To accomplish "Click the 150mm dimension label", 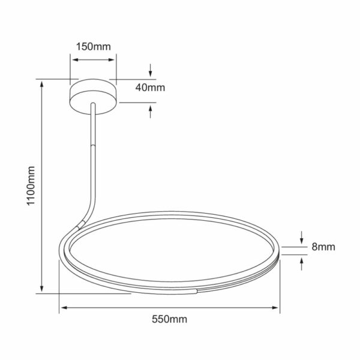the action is (x=93, y=47).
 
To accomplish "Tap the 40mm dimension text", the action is (x=150, y=88).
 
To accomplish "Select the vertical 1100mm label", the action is (x=31, y=185).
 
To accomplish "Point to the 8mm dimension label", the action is (x=323, y=247).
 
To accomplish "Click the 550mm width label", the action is (x=169, y=319).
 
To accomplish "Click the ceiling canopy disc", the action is (x=93, y=97).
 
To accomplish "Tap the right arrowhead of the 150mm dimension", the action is (x=112, y=60).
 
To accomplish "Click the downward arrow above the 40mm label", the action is (x=151, y=70).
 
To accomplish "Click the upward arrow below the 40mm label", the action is (x=151, y=112).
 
